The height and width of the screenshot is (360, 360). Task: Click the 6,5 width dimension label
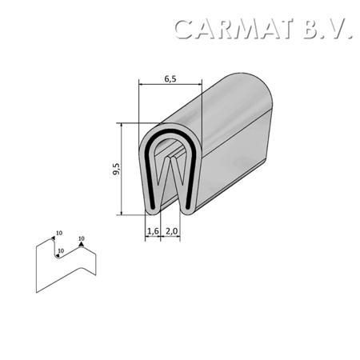point(170,79)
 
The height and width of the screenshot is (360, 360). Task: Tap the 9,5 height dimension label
point(116,169)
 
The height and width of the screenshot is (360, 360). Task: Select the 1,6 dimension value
point(153,231)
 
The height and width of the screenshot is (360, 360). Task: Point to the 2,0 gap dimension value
point(171,231)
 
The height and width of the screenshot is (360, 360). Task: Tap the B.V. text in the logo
point(327,29)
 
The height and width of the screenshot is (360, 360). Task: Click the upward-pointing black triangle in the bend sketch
point(82,244)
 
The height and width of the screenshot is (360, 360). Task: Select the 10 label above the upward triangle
point(82,238)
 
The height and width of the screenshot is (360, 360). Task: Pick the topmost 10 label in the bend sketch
point(59,233)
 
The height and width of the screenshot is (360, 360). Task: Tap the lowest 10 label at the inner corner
point(61,250)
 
